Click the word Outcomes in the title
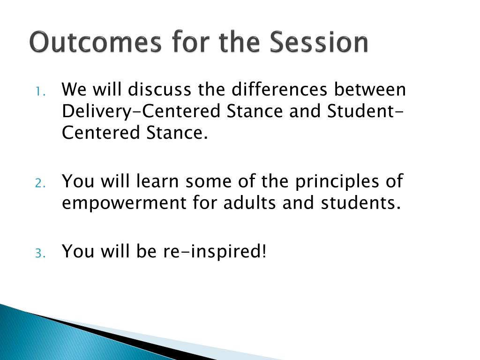pos(95,41)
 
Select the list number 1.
pos(40,91)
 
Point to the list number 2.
pos(40,183)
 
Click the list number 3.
pos(40,253)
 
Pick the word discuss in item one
pos(159,89)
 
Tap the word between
pos(370,89)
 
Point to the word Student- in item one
pos(365,111)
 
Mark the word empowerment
pos(124,204)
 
